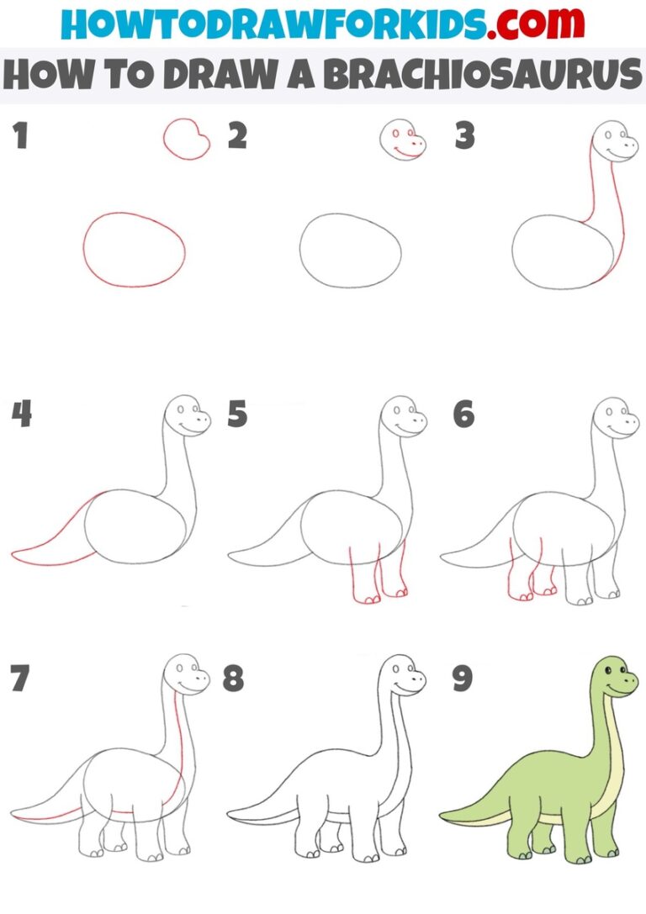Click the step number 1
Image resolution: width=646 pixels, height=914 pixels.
pos(21,135)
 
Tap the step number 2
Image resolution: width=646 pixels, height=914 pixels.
pos(238,135)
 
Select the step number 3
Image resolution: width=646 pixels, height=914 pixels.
pos(464,135)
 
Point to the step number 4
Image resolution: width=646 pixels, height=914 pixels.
pos(21,414)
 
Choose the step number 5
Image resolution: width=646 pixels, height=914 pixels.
pos(238,414)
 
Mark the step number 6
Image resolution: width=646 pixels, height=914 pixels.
pos(463,414)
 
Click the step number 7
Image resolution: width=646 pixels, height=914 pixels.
pos(21,679)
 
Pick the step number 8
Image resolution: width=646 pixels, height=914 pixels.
pos(233,679)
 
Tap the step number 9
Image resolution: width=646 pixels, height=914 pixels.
pos(463,679)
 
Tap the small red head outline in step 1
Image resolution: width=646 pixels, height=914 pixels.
pos(186,138)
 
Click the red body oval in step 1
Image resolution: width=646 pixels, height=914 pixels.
pos(134,249)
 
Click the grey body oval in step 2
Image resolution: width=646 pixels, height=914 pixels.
pos(350,249)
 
